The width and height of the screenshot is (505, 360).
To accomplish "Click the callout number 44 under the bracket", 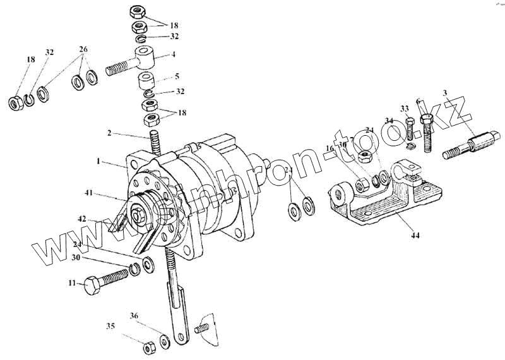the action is (x=414, y=236).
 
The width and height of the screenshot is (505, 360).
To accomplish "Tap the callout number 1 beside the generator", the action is (x=98, y=162).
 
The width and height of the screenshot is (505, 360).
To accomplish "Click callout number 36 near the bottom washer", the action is (x=134, y=315).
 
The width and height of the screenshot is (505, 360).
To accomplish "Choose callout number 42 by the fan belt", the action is (x=81, y=219).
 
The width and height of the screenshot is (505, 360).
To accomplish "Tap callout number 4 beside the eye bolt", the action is (x=173, y=56).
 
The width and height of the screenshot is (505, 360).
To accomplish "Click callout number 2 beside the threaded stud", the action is (x=109, y=133).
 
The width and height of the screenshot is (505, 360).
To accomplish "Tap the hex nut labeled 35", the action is (x=150, y=348).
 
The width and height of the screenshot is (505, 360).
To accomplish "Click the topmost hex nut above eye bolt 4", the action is (x=138, y=12).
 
